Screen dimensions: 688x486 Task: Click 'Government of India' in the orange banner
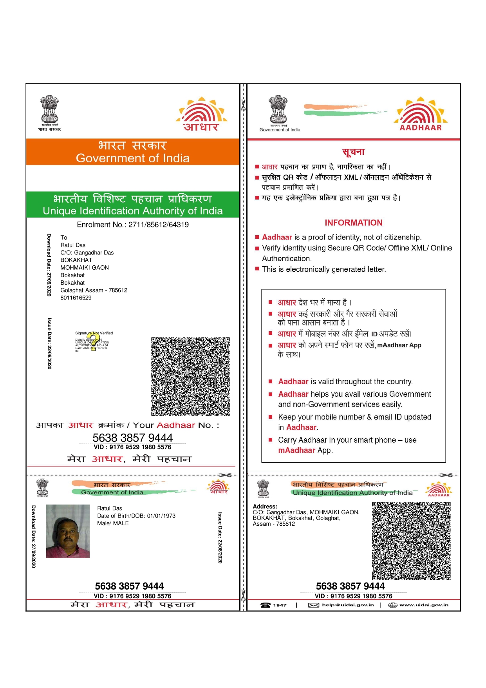(132, 158)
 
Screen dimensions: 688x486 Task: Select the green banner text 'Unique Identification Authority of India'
(132, 211)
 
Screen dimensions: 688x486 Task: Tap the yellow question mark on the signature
(93, 341)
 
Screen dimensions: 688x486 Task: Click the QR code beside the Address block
(411, 541)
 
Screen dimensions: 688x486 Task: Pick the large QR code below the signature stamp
(190, 376)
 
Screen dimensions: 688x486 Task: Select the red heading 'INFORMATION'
(353, 223)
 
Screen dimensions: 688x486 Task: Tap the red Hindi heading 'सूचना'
(353, 152)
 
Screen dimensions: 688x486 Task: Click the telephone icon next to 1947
(266, 605)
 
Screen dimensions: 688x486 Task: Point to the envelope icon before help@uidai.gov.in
(313, 605)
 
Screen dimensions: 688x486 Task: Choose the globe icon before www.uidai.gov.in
(392, 605)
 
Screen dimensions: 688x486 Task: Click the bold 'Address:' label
(265, 506)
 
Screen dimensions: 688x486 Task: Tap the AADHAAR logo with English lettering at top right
(421, 114)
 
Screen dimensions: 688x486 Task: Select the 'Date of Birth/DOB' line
(136, 516)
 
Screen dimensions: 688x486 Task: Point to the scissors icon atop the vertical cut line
(243, 105)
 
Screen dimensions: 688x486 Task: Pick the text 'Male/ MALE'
(113, 523)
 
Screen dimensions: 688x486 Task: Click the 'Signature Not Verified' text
(94, 333)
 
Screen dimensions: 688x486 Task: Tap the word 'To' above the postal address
(64, 238)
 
